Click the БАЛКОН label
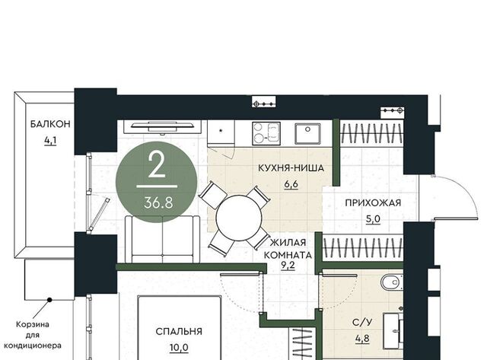click(x=50, y=124)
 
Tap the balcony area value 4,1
click(x=50, y=141)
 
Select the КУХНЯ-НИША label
click(x=291, y=168)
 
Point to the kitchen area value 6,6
click(x=291, y=184)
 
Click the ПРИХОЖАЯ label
click(x=373, y=202)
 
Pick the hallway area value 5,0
click(x=373, y=219)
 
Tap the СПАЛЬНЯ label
click(x=179, y=331)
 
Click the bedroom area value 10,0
click(x=179, y=348)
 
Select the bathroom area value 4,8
click(x=362, y=338)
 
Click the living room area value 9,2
click(x=288, y=266)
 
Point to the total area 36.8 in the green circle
click(x=158, y=203)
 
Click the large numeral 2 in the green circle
click(x=156, y=166)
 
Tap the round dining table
click(x=239, y=218)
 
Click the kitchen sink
click(x=307, y=133)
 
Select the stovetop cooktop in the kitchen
click(x=266, y=133)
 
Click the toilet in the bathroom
click(x=392, y=282)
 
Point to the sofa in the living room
click(x=162, y=240)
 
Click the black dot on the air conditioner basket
click(x=49, y=300)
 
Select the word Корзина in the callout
click(x=32, y=324)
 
